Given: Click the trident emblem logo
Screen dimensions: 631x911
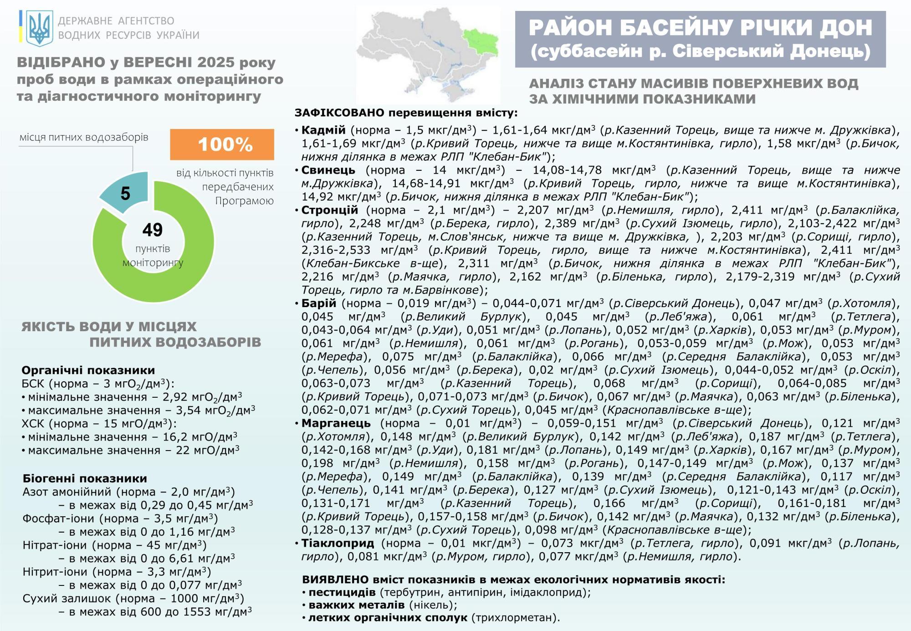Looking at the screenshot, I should click(40, 27).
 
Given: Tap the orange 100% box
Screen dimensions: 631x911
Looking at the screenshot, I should click(222, 144).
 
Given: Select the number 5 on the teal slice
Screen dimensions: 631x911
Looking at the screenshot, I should click(125, 194).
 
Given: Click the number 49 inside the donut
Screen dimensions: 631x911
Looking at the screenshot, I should click(152, 230).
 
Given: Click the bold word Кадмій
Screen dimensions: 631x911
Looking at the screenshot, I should click(323, 130).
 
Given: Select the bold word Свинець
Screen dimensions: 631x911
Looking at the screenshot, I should click(328, 170).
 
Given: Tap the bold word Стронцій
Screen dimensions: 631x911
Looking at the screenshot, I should click(330, 210).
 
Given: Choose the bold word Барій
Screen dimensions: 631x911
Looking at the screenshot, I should click(318, 303).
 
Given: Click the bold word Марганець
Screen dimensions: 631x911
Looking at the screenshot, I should click(336, 423).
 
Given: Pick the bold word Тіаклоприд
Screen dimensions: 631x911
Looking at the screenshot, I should click(338, 543).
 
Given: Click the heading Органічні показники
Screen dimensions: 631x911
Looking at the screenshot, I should click(88, 370).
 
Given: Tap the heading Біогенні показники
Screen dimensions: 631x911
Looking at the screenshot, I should click(85, 478).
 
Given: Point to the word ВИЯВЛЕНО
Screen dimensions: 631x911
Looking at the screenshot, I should click(335, 580).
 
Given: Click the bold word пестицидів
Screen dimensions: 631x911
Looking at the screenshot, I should click(342, 592).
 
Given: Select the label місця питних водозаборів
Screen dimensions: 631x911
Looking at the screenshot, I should click(84, 137).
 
